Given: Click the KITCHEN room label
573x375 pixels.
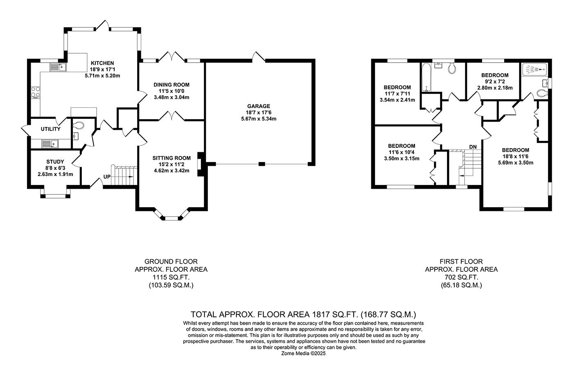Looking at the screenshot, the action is [102, 63].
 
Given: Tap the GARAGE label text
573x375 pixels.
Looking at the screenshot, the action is [259, 106].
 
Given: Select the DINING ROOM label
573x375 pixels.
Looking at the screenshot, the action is [171, 85].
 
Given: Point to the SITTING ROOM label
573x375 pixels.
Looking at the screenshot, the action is [171, 158].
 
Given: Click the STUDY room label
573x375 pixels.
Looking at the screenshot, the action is [55, 162].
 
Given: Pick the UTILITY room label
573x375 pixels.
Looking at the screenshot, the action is [51, 129].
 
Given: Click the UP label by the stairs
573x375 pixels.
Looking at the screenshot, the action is [107, 177].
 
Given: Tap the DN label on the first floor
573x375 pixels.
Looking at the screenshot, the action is [473, 147].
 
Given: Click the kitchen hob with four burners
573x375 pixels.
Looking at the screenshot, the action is [36, 93].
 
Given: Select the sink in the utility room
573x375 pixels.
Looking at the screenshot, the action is [50, 144].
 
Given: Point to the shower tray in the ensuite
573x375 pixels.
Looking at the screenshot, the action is [535, 69].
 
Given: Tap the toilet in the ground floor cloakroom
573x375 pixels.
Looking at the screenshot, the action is [79, 125].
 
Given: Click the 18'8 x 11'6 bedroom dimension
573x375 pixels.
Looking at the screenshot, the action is [515, 156].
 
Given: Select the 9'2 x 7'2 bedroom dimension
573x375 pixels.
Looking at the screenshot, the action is [495, 81].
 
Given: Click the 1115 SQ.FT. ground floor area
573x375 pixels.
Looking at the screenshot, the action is [171, 277].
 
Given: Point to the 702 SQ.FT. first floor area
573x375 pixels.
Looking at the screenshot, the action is [461, 277].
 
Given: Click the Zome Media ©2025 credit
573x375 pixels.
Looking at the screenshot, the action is [303, 354].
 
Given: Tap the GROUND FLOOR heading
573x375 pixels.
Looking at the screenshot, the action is [171, 262].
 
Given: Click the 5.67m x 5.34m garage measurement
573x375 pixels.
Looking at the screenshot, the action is [259, 119].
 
